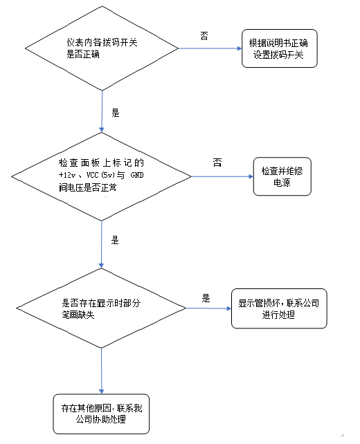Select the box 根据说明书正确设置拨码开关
pos(280,49)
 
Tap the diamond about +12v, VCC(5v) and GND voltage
pos(102,176)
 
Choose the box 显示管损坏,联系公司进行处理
pos(278,308)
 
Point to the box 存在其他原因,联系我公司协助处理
pos(102,414)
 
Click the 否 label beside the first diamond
pos(204,35)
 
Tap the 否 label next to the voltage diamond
pos(217,163)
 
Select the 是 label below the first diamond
pos(115,112)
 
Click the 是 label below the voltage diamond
pos(115,241)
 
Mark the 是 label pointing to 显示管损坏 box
pos(206,299)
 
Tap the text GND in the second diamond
pos(156,176)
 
